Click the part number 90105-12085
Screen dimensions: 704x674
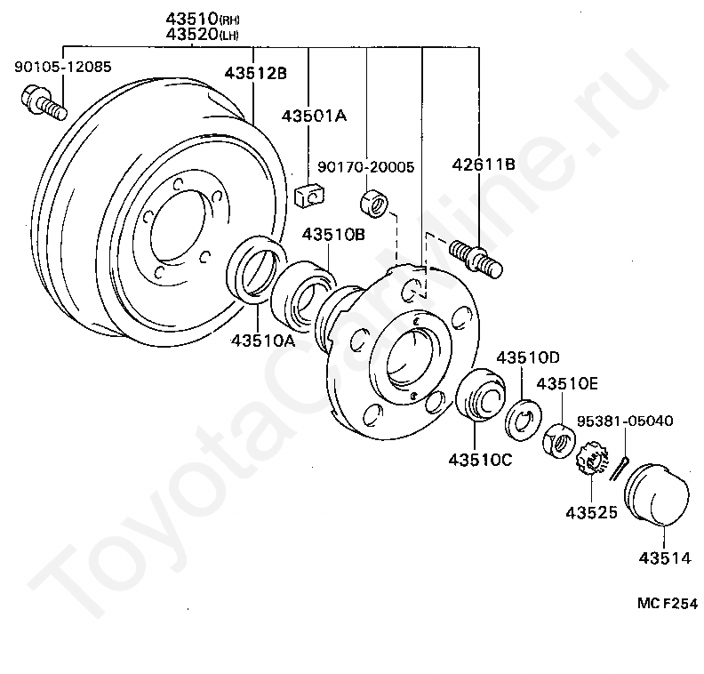tap(63, 67)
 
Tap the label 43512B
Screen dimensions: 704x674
tap(255, 73)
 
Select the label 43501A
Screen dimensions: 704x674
tap(315, 116)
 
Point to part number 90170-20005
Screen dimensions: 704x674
tap(366, 167)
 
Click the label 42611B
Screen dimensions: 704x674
tap(484, 164)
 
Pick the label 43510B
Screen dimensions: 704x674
tap(333, 235)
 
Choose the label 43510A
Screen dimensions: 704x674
tap(263, 341)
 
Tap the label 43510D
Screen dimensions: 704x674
tap(528, 357)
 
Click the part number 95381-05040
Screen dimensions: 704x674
tap(625, 421)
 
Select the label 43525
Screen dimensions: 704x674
tap(591, 513)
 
